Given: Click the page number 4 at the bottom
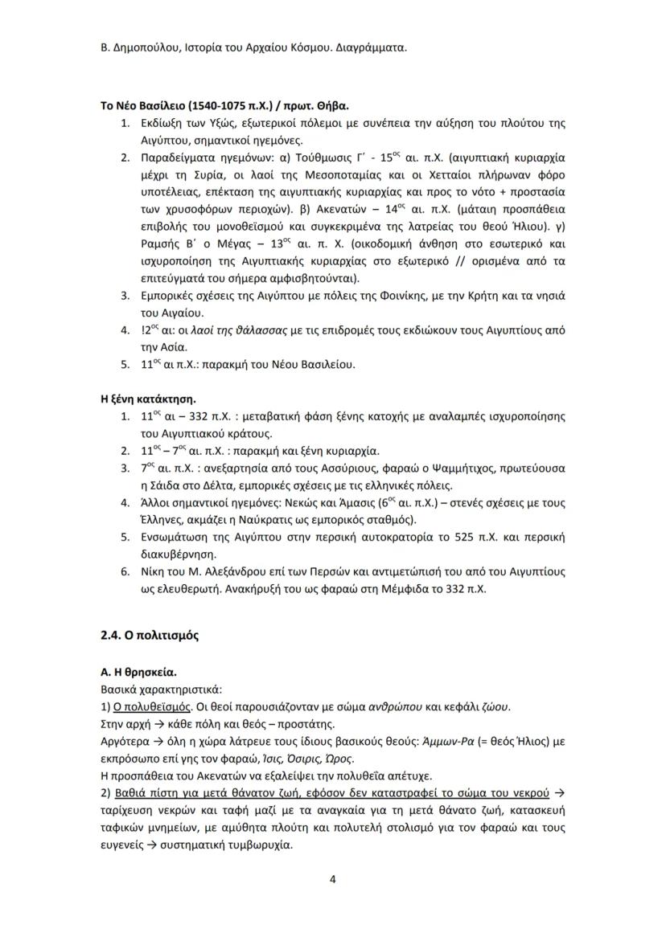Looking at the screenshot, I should (332, 878).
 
